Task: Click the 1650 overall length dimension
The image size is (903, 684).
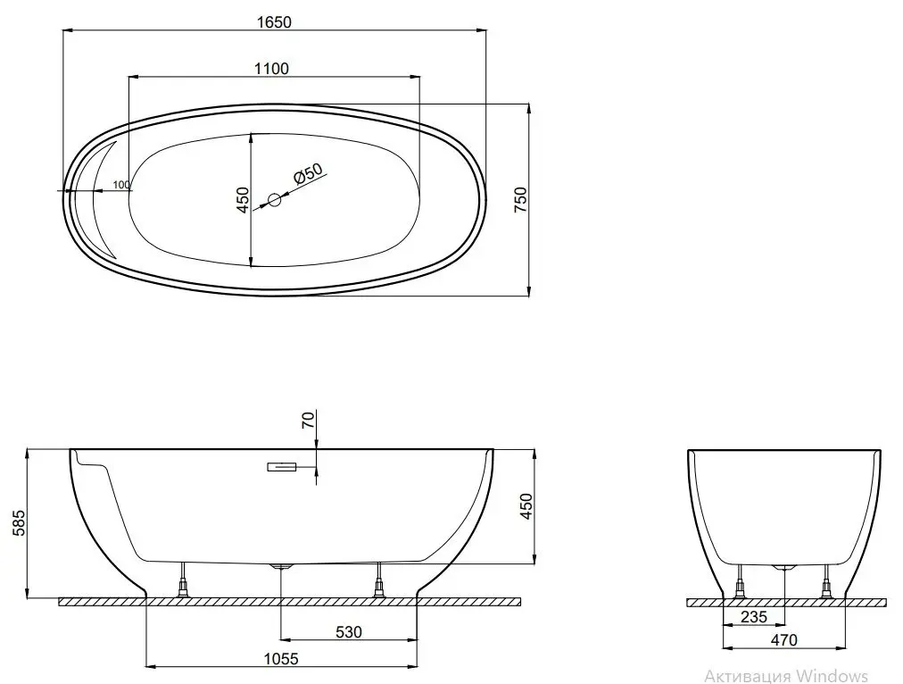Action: click(x=276, y=23)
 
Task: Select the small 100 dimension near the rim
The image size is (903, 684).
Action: click(x=121, y=185)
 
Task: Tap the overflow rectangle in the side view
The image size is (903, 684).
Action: click(x=283, y=466)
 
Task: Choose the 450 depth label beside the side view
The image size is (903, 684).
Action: click(x=526, y=506)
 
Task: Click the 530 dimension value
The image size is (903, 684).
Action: click(x=349, y=632)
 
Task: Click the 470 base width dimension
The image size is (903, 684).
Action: click(x=784, y=639)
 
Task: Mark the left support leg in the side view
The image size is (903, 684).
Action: click(x=185, y=581)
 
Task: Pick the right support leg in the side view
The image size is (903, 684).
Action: click(x=379, y=581)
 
